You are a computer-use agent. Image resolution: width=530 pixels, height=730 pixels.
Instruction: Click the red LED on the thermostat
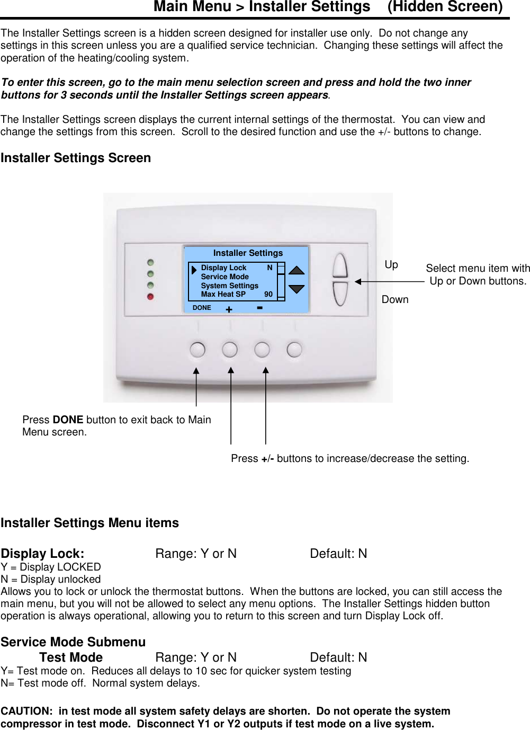150,297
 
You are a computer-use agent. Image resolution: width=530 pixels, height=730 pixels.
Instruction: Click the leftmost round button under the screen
197,349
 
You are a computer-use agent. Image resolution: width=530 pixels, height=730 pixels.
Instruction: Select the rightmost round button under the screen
294,349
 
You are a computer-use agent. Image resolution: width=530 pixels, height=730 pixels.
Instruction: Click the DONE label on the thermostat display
202,308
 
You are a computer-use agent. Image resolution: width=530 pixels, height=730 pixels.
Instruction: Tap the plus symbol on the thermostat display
229,309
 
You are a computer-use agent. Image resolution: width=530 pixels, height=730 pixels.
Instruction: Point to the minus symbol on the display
259,307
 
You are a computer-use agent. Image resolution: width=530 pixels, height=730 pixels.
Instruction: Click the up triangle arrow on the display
297,270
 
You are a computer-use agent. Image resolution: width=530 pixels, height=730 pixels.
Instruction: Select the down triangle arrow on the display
297,289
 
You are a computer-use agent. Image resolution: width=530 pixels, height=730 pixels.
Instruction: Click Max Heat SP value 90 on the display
268,295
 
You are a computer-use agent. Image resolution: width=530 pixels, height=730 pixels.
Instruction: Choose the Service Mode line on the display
224,277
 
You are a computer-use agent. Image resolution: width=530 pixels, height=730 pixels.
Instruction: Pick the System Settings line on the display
229,286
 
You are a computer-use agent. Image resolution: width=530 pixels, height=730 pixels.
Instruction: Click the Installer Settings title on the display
248,253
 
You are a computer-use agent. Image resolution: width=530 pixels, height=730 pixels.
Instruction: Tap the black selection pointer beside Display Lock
194,270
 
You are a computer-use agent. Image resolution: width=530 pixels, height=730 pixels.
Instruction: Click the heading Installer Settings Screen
76,158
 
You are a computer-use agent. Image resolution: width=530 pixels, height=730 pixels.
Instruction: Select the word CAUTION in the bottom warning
26,711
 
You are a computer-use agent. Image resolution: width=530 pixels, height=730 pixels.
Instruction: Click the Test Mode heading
71,657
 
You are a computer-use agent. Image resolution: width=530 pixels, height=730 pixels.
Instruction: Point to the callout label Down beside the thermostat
395,299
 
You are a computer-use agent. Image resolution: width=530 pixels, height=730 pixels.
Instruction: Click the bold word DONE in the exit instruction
68,420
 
